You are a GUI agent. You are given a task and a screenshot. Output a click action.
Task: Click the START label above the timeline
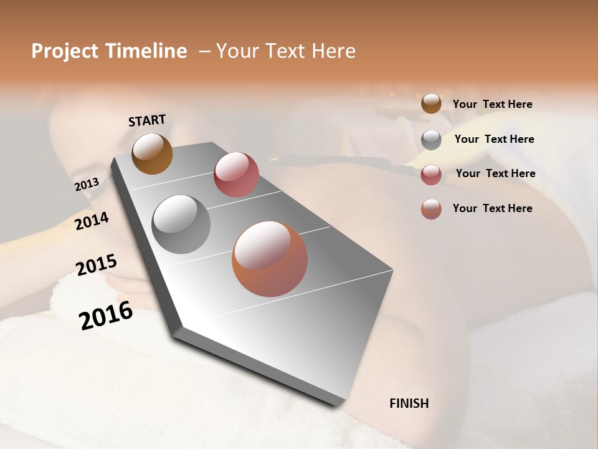pos(147,120)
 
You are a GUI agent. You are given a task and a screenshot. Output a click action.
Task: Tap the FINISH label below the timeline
pos(409,403)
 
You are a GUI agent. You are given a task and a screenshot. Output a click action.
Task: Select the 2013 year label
pos(87,185)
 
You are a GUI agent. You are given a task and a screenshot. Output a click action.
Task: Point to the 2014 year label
pos(92,221)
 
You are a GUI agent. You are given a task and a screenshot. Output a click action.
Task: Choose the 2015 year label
pos(97,265)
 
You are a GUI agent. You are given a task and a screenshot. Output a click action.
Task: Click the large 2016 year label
pos(107,315)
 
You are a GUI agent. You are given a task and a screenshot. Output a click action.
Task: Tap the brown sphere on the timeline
pos(152,153)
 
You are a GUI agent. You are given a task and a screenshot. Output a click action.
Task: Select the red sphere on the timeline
pos(236,175)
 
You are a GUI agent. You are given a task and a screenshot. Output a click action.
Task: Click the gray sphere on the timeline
pos(181,224)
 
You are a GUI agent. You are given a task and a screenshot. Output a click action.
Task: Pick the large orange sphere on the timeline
pos(270,259)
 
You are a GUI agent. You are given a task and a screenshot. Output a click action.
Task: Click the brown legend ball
pos(431,104)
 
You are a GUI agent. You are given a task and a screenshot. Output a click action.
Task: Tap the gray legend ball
pos(431,140)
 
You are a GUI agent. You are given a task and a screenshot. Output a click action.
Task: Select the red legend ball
pos(431,175)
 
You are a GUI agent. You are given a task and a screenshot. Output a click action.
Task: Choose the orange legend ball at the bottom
pos(431,209)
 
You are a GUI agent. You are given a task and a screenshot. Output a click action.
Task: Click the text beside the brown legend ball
pos(492,105)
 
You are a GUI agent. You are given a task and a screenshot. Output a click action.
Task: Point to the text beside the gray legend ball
pos(494,139)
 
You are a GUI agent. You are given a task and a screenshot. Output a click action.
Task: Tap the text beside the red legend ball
pos(495,173)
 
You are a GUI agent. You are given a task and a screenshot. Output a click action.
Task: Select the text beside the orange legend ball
pos(492,208)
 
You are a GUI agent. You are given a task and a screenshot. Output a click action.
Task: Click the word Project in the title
pos(64,51)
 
